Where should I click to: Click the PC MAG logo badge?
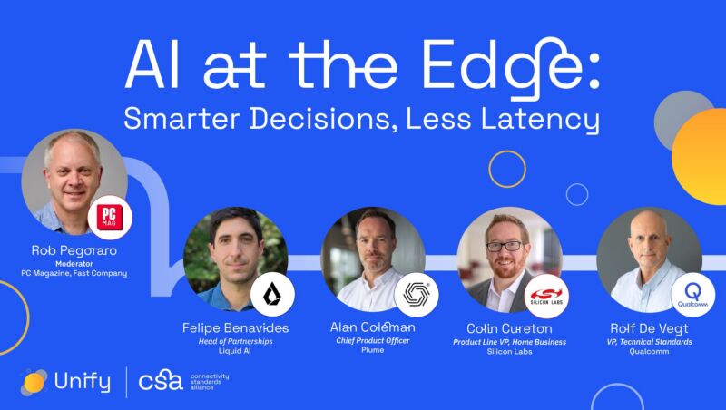click(110, 218)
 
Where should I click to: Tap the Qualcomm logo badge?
click(692, 295)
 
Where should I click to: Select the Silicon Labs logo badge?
click(546, 297)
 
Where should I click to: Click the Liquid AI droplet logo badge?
click(272, 294)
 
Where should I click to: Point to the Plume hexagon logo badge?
click(417, 294)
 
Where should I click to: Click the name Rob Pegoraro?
click(74, 251)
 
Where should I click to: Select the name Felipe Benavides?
click(235, 328)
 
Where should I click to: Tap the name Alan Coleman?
click(373, 327)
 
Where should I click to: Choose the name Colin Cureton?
click(509, 328)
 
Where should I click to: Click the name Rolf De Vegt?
click(649, 328)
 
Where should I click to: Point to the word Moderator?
click(74, 264)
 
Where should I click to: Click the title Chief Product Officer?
click(373, 340)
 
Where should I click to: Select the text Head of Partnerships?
click(235, 341)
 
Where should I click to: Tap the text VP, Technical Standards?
click(649, 342)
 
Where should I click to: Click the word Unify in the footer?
click(82, 382)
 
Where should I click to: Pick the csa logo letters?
click(161, 381)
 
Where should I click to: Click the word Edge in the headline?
click(505, 67)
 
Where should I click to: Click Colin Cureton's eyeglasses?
click(505, 246)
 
